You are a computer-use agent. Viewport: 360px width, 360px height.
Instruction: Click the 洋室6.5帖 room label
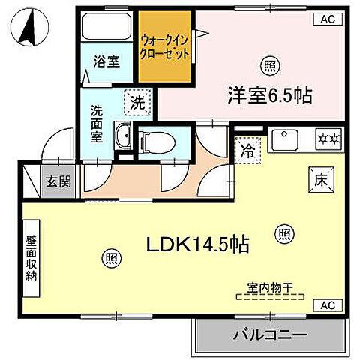pos(271,95)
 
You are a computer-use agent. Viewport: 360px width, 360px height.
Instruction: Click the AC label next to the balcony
pos(327,305)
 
